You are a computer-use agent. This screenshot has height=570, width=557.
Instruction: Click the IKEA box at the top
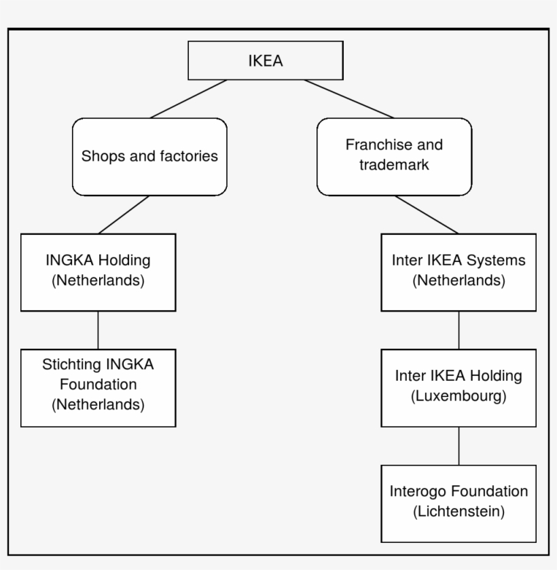point(265,60)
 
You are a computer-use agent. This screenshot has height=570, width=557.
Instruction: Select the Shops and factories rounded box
point(149,157)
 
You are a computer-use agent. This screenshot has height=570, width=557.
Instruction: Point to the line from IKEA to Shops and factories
point(188,99)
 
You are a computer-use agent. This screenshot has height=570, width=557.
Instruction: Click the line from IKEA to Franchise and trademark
point(348,99)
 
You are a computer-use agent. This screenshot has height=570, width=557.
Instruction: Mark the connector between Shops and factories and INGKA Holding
point(124,214)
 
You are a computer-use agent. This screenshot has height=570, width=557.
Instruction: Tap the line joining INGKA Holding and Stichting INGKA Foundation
point(98,330)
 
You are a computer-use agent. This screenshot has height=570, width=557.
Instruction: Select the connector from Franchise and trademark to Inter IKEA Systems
point(427,214)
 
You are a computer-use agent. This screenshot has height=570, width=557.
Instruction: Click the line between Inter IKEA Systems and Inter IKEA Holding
point(459,330)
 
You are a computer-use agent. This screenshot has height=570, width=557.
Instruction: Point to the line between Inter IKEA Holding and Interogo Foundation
point(459,446)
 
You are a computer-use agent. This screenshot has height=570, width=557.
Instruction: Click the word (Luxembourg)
point(459,396)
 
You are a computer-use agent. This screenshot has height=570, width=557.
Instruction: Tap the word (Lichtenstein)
point(459,512)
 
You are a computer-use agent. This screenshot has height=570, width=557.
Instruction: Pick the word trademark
point(394,165)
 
